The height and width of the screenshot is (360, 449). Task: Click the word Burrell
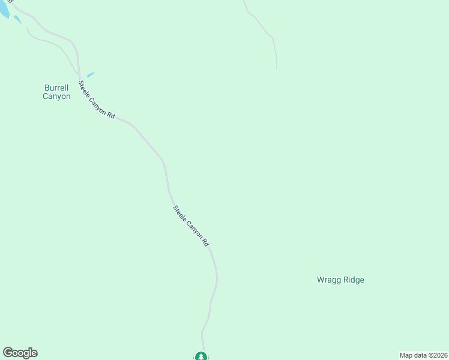[56, 88]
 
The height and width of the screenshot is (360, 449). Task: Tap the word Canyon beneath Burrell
[56, 97]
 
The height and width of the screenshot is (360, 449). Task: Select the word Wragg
[328, 280]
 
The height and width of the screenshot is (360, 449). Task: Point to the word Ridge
[352, 280]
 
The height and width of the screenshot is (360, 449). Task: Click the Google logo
[20, 353]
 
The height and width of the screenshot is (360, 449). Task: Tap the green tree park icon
[201, 356]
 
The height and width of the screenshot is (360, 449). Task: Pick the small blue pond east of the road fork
[91, 74]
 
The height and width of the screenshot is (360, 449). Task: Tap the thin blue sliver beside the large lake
[18, 20]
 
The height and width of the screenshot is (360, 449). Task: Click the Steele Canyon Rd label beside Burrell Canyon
[96, 100]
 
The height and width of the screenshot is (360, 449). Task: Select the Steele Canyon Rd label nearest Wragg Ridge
[190, 226]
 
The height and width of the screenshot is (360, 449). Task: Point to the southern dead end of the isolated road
[277, 67]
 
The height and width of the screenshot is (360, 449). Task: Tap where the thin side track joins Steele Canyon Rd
[79, 76]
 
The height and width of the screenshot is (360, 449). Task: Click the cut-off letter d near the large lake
[12, 2]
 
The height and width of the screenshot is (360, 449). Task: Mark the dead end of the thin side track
[27, 28]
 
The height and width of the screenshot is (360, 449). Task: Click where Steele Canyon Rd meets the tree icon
[202, 349]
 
